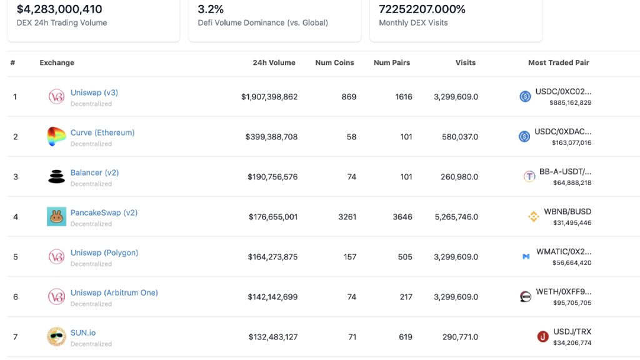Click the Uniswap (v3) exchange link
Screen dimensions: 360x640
coord(94,92)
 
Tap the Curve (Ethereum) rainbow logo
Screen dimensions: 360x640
coord(56,137)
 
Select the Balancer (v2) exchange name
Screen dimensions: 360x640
coord(94,172)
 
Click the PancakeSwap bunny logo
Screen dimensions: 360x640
coord(56,217)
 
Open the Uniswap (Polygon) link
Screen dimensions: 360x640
coord(104,252)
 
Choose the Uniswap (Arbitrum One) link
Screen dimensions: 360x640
coord(114,292)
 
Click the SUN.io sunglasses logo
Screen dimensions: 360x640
coord(56,337)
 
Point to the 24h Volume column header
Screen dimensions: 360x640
coord(274,62)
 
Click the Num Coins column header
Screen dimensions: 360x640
coord(334,62)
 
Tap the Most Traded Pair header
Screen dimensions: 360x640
coord(558,62)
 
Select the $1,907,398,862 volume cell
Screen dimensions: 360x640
coord(269,97)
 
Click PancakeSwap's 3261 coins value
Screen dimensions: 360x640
coord(347,217)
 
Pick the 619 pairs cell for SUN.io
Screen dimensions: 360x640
coord(405,337)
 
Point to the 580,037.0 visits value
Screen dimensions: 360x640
coord(459,137)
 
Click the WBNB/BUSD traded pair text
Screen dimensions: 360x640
coord(567,212)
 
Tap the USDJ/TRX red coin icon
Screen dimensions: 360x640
coord(543,337)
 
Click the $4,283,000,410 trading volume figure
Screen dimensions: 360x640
coord(59,9)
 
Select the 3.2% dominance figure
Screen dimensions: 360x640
coord(211,9)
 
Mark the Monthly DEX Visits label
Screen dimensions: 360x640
coord(413,22)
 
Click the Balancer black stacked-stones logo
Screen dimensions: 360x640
coord(56,177)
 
